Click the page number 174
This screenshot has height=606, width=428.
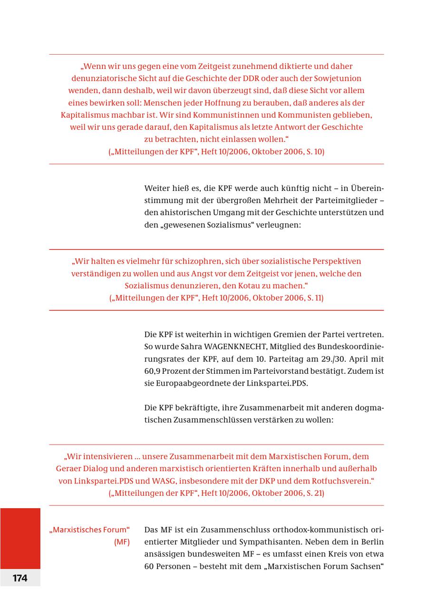20,578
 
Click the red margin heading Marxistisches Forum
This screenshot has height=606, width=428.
89,530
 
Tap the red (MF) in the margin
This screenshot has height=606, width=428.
122,542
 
